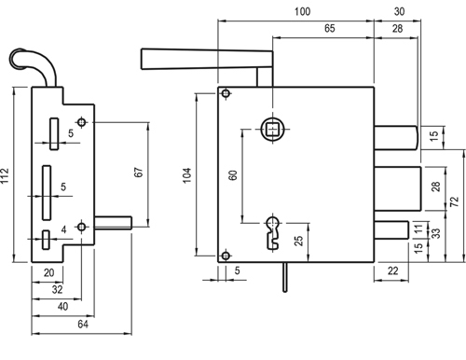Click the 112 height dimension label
(x=5, y=175)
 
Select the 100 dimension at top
(x=302, y=11)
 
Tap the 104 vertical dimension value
(x=187, y=175)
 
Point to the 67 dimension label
(x=139, y=173)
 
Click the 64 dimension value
(x=83, y=324)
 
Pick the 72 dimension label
(x=454, y=201)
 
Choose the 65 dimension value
(x=330, y=28)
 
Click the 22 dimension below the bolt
(x=393, y=270)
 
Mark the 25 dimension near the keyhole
(x=298, y=241)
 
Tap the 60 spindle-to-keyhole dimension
(x=233, y=175)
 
